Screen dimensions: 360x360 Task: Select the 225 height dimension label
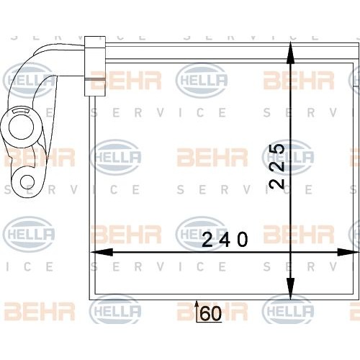[x=277, y=166]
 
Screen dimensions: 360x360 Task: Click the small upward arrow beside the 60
[x=197, y=310]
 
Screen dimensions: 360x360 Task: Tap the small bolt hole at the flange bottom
[x=27, y=181]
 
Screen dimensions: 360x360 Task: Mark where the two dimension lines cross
[x=289, y=253]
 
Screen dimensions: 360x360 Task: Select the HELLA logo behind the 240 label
[x=202, y=232]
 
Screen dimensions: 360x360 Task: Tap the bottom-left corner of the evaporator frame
[x=89, y=298]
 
